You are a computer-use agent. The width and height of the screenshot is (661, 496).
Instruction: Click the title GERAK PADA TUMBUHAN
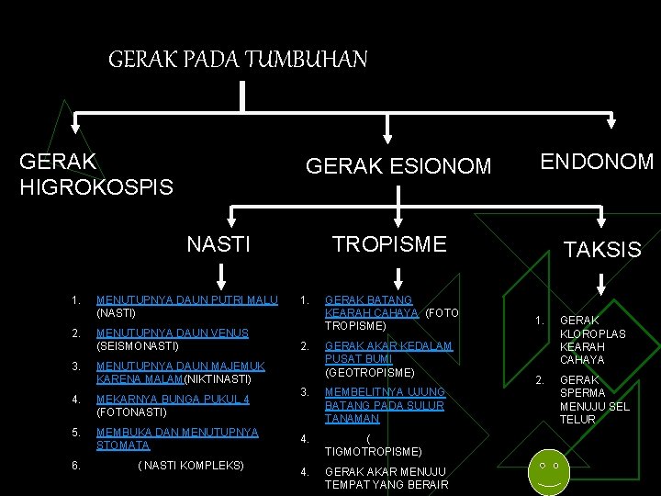(238, 61)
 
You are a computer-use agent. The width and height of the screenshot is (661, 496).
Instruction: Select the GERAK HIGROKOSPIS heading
(95, 174)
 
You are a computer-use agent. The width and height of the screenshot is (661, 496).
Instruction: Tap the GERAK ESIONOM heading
(398, 166)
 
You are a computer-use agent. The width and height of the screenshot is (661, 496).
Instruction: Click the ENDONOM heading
(597, 163)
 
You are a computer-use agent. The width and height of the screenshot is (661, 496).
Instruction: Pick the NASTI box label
(218, 243)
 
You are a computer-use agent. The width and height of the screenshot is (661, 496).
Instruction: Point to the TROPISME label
(389, 243)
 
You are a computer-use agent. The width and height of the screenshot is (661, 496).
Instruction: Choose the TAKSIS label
(602, 249)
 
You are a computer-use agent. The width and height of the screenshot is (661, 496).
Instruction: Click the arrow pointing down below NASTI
(219, 276)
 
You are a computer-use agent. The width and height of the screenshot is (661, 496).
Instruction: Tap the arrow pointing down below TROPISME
(398, 276)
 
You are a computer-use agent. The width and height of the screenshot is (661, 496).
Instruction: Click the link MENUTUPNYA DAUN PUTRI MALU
(187, 299)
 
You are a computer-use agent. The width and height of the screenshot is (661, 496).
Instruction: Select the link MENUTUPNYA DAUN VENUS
(172, 333)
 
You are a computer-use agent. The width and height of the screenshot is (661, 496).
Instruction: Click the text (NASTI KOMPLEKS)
(191, 466)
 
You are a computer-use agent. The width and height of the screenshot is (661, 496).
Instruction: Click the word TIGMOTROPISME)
(373, 452)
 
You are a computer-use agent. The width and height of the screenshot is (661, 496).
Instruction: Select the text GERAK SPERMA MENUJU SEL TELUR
(594, 400)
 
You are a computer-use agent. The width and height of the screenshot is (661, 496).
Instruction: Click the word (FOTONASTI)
(131, 412)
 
